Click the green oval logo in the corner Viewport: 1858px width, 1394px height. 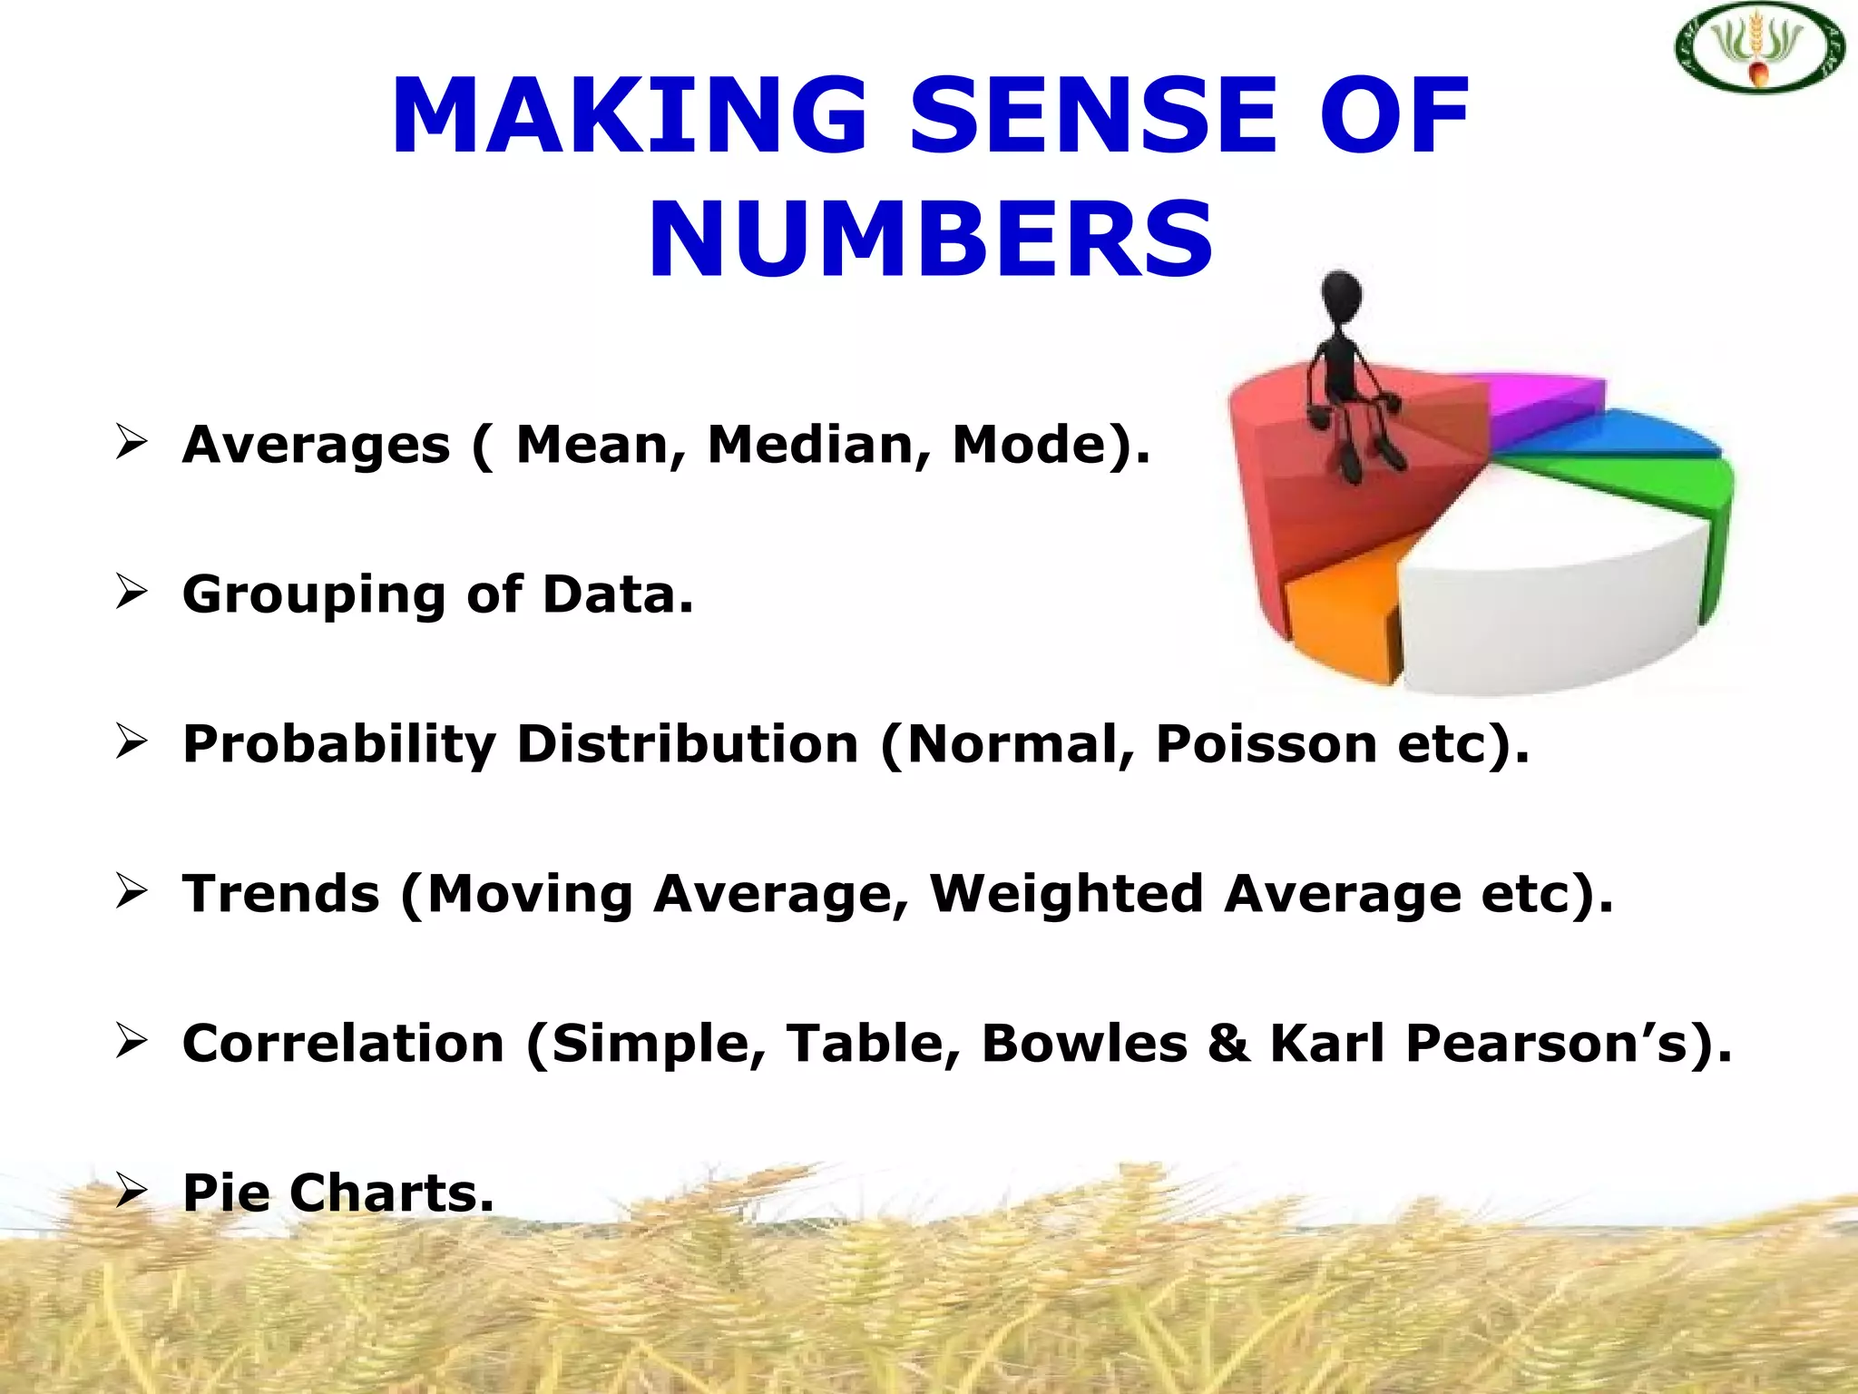pyautogui.click(x=1757, y=48)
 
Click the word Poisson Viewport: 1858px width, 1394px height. pyautogui.click(x=1266, y=744)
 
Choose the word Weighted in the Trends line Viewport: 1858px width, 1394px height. pyautogui.click(x=1065, y=893)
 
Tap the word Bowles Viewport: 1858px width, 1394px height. pyautogui.click(x=1084, y=1043)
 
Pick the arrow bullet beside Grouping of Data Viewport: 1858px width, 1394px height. pyautogui.click(x=132, y=593)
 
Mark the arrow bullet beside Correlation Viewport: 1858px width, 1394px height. pyautogui.click(x=132, y=1041)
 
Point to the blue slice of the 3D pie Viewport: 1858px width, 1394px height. pyautogui.click(x=1633, y=433)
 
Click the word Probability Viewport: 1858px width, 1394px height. pyautogui.click(x=339, y=744)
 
